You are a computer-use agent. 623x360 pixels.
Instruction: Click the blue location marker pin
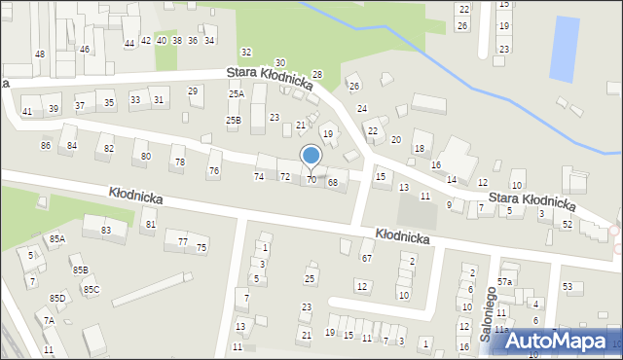311,157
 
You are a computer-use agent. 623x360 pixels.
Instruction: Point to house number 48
40,54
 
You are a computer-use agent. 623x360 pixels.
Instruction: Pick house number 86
46,146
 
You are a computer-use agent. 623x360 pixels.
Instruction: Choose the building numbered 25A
236,94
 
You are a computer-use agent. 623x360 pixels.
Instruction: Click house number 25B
234,121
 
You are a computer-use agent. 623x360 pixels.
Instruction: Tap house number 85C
91,289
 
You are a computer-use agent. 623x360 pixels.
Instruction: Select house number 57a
504,282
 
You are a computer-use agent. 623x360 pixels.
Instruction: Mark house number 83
105,230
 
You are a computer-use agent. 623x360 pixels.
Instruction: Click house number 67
367,258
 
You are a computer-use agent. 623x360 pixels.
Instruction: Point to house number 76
214,171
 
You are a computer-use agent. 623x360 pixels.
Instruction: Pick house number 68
333,183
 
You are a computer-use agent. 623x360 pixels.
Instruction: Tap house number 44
129,44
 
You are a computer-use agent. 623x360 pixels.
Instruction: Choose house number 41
27,112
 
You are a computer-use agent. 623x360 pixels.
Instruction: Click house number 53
568,287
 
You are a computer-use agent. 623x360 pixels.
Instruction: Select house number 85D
57,298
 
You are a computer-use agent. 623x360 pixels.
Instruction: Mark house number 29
194,91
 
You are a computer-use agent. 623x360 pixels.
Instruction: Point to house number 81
149,225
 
